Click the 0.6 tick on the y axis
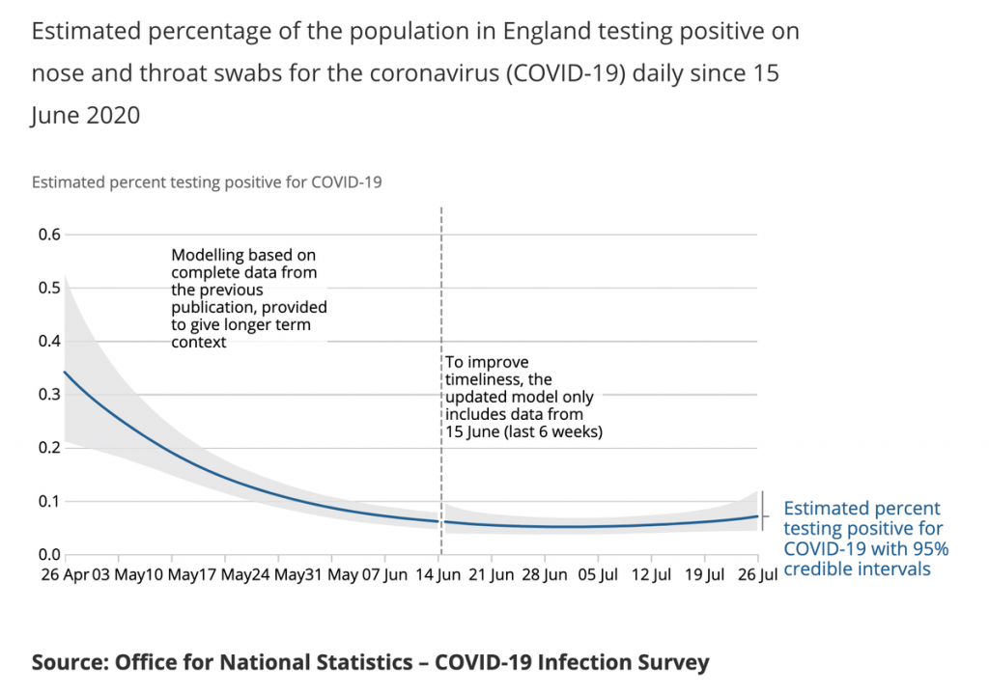click(x=48, y=235)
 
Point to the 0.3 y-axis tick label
click(x=48, y=395)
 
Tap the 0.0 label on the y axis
click(x=48, y=555)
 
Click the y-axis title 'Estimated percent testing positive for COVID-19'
click(x=208, y=181)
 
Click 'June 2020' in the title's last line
click(x=86, y=116)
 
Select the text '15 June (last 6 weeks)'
click(x=523, y=431)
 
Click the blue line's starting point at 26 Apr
click(x=65, y=372)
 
